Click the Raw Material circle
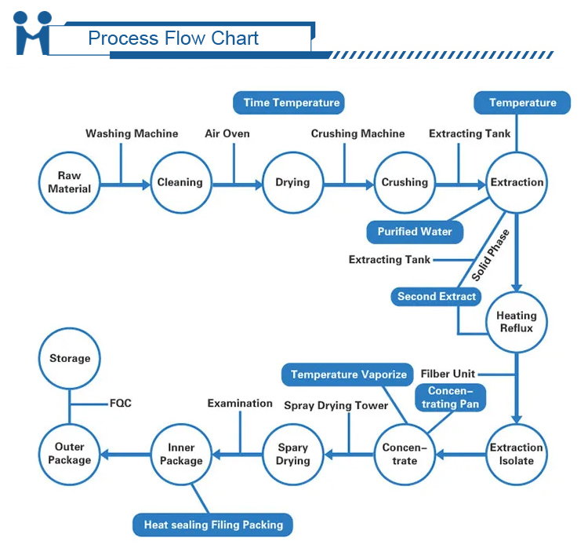pyautogui.click(x=69, y=182)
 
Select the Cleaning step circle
pyautogui.click(x=180, y=182)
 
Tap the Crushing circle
pyautogui.click(x=405, y=182)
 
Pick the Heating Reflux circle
pyautogui.click(x=516, y=322)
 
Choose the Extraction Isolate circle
pyautogui.click(x=516, y=454)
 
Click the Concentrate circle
pyautogui.click(x=405, y=454)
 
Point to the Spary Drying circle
pyautogui.click(x=292, y=454)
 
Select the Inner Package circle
pyautogui.click(x=181, y=454)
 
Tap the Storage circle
pyautogui.click(x=70, y=358)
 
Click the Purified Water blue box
pyautogui.click(x=415, y=232)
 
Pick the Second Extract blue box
pyautogui.click(x=437, y=296)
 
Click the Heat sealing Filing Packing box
pyautogui.click(x=213, y=525)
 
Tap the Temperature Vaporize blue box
pyautogui.click(x=349, y=375)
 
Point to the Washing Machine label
pyautogui.click(x=132, y=133)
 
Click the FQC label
pyautogui.click(x=120, y=404)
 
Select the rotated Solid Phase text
pyautogui.click(x=491, y=255)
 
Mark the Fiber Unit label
pyautogui.click(x=448, y=374)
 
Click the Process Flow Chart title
pyautogui.click(x=173, y=38)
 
